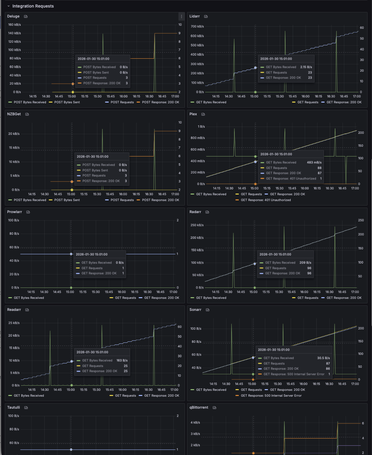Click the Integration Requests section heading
tap(33, 6)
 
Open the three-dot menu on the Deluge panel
tap(182, 16)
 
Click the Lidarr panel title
tap(195, 16)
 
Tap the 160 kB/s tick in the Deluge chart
tap(14, 25)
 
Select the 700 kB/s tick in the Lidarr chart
tap(197, 26)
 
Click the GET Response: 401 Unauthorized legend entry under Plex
tap(266, 200)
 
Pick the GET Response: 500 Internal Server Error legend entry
tap(271, 395)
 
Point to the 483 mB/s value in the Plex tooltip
tap(314, 162)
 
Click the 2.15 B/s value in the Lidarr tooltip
tap(306, 67)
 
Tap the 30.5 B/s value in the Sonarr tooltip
tap(324, 358)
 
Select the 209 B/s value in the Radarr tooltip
tap(305, 262)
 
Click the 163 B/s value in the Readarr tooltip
tap(122, 360)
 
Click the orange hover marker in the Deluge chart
tap(73, 84)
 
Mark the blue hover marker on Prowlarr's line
tap(71, 254)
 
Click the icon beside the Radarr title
tap(207, 212)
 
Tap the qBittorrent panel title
tap(199, 407)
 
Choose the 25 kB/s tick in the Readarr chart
tap(14, 323)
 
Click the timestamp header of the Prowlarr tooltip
tap(92, 254)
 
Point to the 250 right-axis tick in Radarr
tap(361, 220)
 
